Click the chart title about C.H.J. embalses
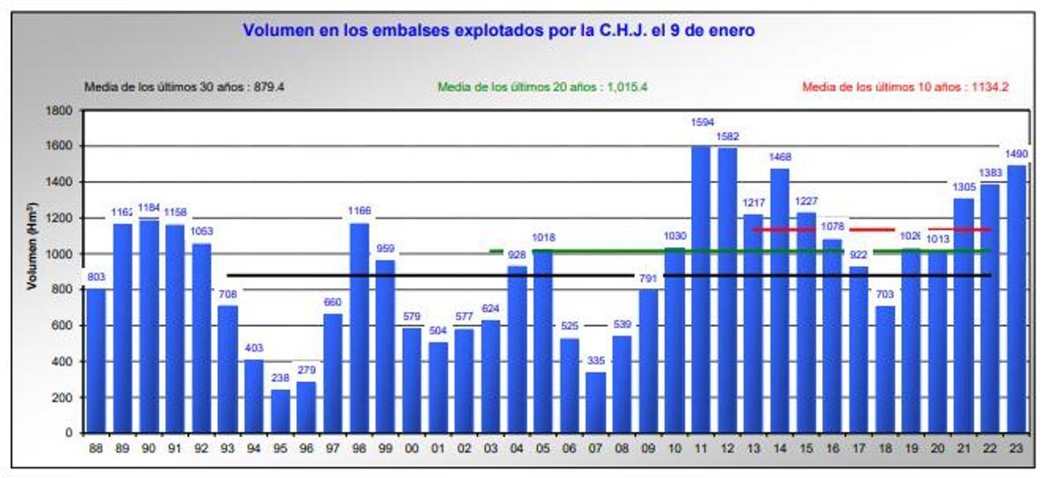click(498, 31)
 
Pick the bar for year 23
click(1016, 299)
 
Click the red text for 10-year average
click(906, 87)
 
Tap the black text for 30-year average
click(184, 87)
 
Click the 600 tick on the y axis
click(64, 326)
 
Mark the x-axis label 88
click(97, 446)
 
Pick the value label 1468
click(781, 157)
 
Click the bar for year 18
click(885, 369)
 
